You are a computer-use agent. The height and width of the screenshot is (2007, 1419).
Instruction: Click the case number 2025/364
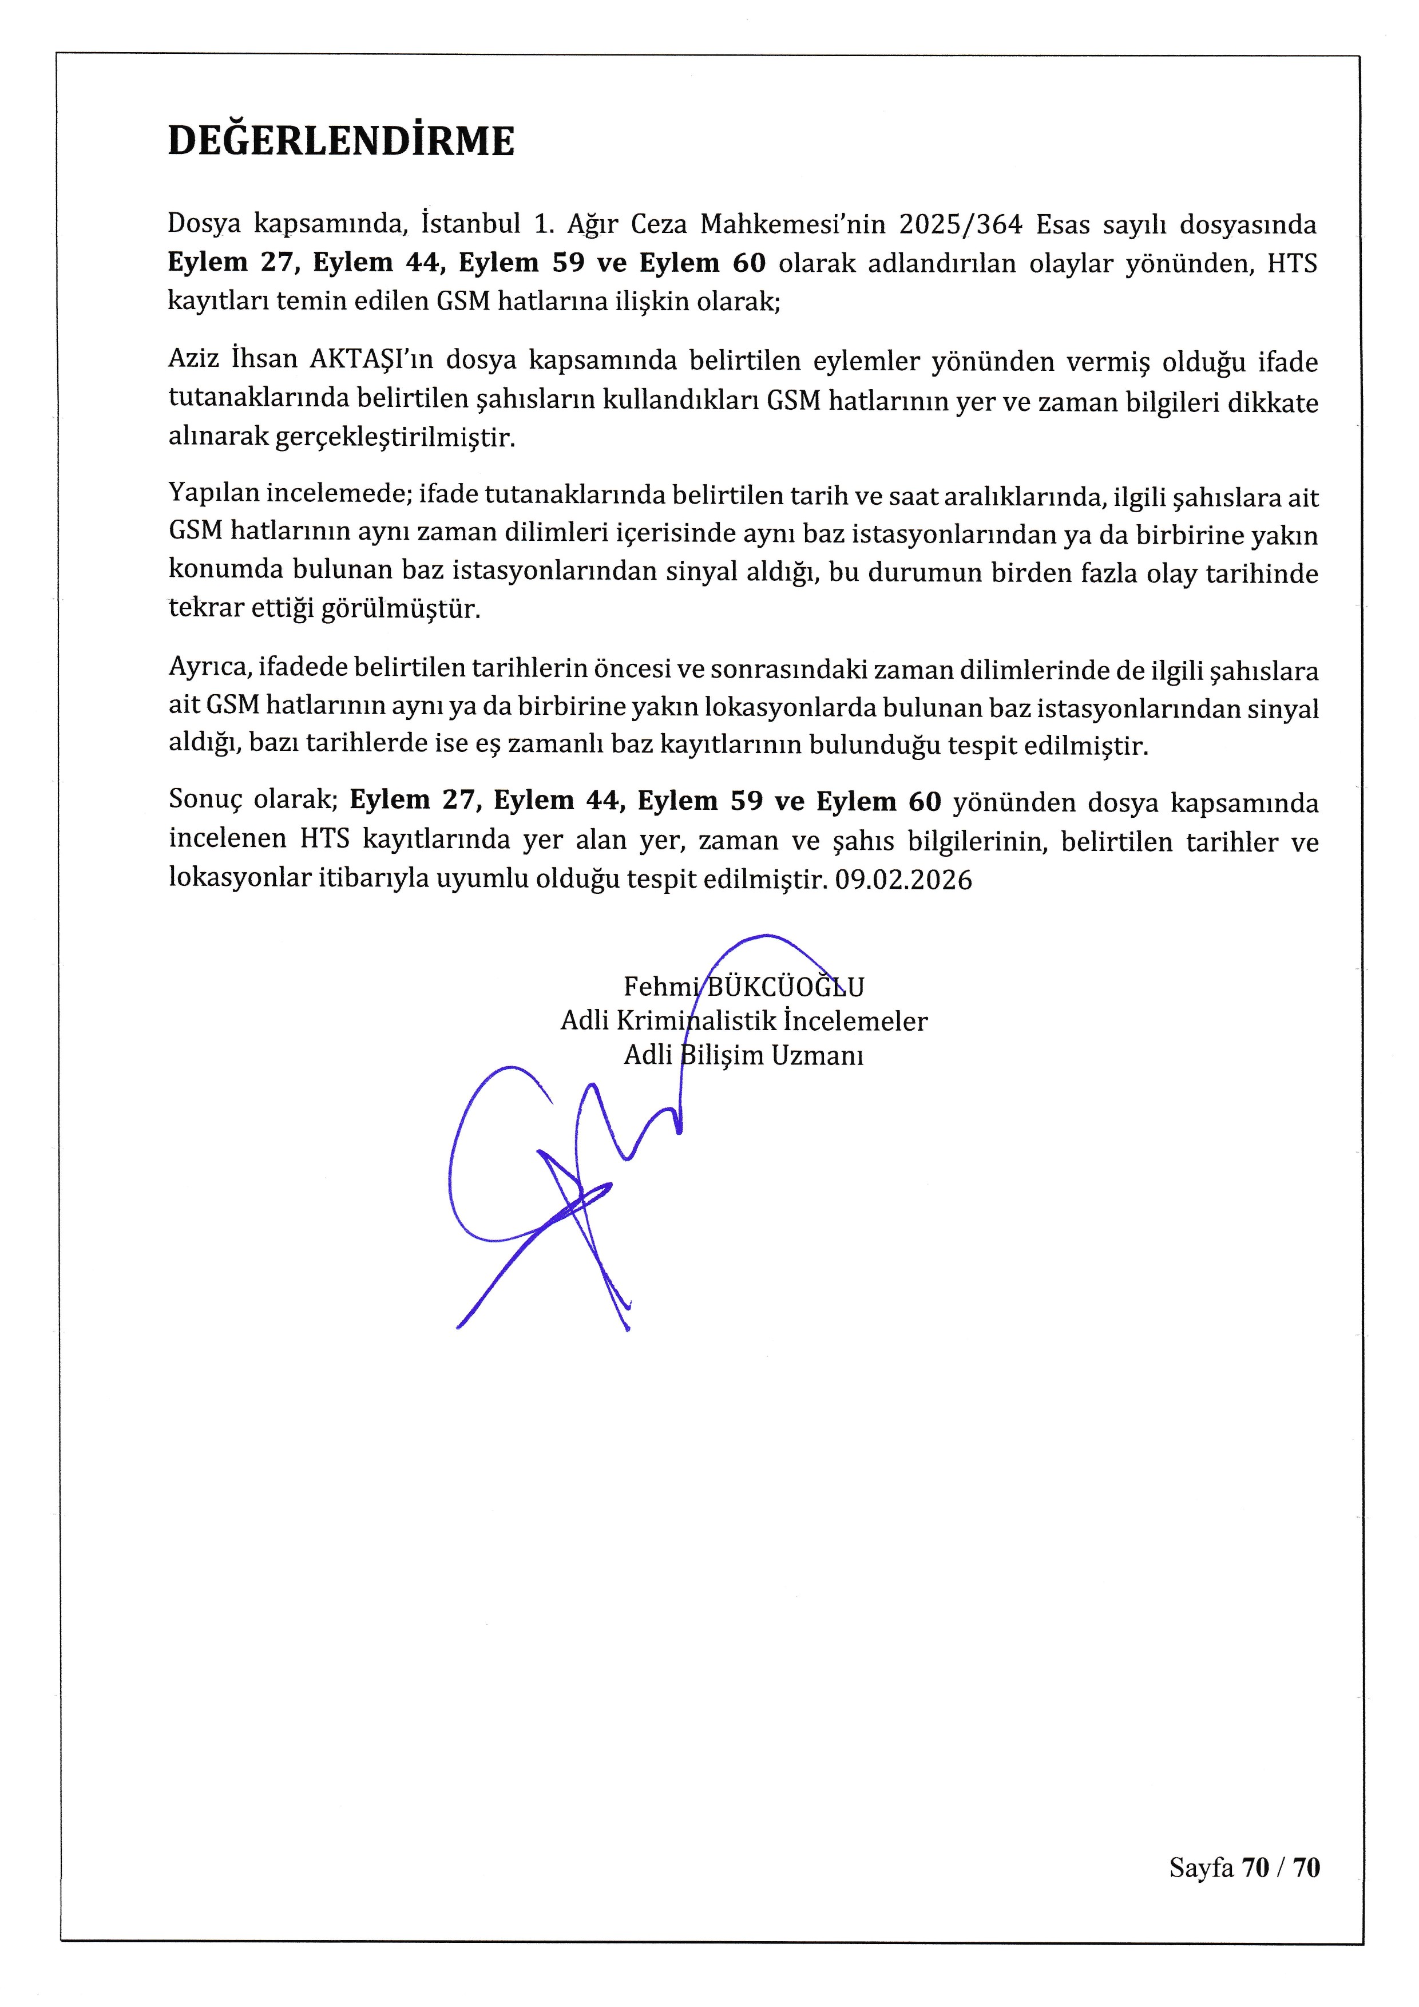click(x=960, y=225)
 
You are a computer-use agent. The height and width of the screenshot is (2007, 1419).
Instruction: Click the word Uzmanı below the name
click(x=817, y=1056)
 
